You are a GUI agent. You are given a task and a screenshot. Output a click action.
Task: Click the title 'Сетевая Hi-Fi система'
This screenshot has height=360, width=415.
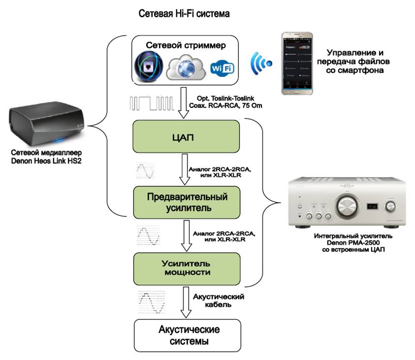point(185,14)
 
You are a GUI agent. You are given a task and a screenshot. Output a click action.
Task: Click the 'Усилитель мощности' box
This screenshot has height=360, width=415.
point(187,268)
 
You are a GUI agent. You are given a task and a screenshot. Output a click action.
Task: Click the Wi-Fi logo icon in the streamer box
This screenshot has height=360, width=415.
point(222,68)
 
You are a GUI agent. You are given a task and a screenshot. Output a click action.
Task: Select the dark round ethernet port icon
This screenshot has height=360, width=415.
point(150,65)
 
